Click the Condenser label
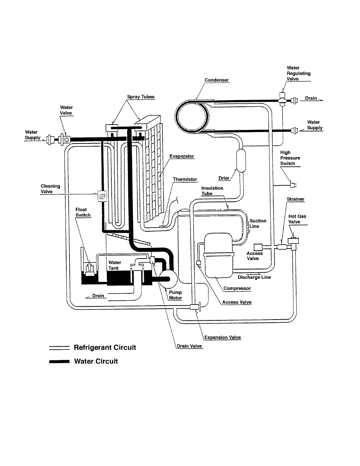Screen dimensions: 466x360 pos(217,80)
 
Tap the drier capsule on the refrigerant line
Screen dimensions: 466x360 pos(241,161)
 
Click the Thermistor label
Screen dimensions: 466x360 pos(185,179)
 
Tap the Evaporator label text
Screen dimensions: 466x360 pos(182,156)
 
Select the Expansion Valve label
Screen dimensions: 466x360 pos(222,337)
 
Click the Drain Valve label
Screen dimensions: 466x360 pos(189,346)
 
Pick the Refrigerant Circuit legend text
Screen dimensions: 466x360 pos(105,348)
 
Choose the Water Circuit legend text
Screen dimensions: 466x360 pos(96,361)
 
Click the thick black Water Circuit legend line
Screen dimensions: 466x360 pos(59,361)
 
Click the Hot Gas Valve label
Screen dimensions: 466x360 pos(297,219)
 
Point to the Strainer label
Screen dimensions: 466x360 pos(295,199)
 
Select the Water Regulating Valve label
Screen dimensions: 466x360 pos(298,74)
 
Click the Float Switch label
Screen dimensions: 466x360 pos(83,212)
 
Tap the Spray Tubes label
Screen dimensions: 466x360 pos(141,97)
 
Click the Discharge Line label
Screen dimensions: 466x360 pos(254,277)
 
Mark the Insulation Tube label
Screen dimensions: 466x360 pos(212,191)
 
